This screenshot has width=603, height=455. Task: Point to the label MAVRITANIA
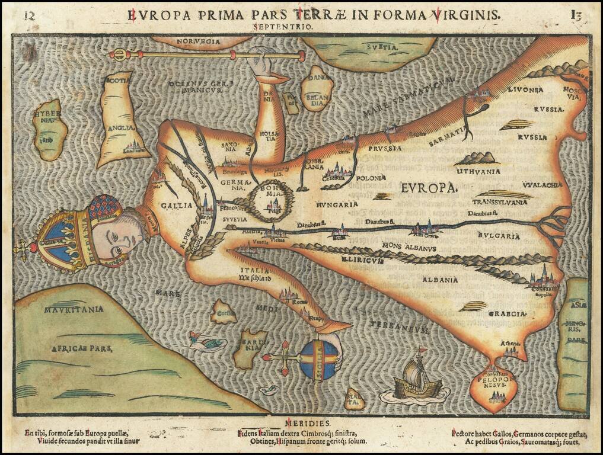point(74,309)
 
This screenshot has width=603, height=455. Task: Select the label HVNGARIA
point(337,204)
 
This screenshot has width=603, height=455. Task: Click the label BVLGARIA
point(499,236)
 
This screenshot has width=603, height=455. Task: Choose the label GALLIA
point(177,205)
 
